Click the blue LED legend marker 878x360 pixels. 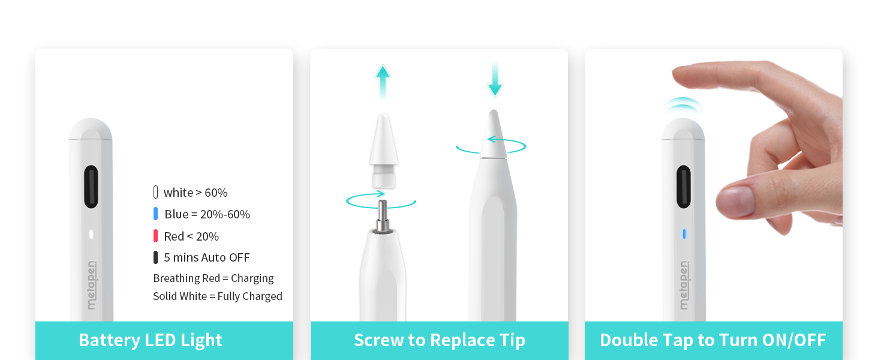coord(155,214)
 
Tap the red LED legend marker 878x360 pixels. coord(155,236)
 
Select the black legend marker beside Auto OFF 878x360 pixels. coord(155,257)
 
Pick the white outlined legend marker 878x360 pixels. coord(155,192)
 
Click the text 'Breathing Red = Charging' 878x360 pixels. coord(214,278)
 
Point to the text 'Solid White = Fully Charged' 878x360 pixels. coord(218,296)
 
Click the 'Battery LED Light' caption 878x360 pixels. coord(151,340)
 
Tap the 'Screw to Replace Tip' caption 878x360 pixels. coord(440,340)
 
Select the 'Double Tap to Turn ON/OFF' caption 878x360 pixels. coord(713,340)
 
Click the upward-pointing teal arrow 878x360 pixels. coord(383,82)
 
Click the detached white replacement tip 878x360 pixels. coord(383,151)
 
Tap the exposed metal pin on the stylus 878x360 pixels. coord(383,215)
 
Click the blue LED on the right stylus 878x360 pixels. coord(684,234)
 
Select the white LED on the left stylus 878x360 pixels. coord(91,234)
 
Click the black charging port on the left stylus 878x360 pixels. coord(91,187)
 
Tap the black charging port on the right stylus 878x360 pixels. coord(684,187)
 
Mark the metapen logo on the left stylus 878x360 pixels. coord(91,285)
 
